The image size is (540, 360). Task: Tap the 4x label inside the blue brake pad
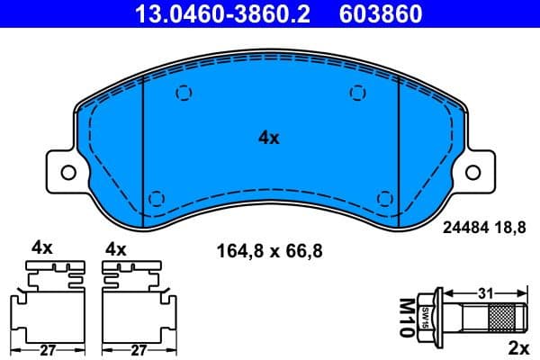pyautogui.click(x=269, y=138)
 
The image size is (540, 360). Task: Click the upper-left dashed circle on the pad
pyautogui.click(x=184, y=92)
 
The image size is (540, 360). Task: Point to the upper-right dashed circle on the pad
pyautogui.click(x=357, y=92)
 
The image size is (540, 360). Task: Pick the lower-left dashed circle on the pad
pyautogui.click(x=157, y=199)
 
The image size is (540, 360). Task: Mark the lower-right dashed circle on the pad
pyautogui.click(x=384, y=199)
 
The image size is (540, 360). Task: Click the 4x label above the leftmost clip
pyautogui.click(x=42, y=248)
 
